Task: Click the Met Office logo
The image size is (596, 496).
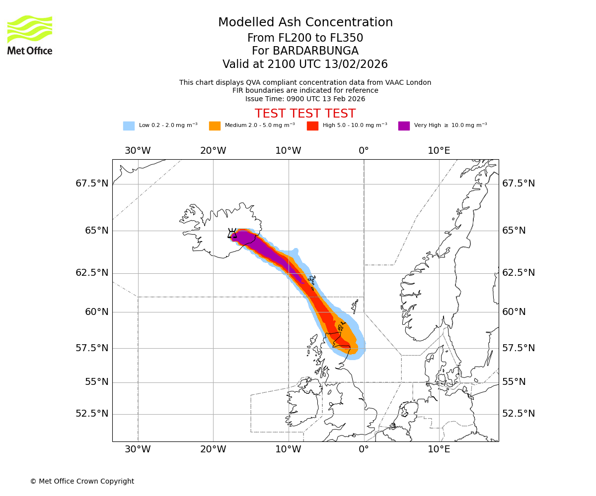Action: pyautogui.click(x=30, y=35)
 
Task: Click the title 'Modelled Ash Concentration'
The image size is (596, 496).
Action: pyautogui.click(x=305, y=22)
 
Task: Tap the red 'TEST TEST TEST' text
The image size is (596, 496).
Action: pyautogui.click(x=305, y=114)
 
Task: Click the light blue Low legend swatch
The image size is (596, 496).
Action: pyautogui.click(x=129, y=126)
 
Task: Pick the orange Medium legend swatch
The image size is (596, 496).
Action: pyautogui.click(x=215, y=126)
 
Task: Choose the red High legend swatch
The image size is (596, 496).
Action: pyautogui.click(x=312, y=126)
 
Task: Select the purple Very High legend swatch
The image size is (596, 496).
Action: pyautogui.click(x=404, y=126)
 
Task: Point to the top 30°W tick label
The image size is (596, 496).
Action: pyautogui.click(x=138, y=150)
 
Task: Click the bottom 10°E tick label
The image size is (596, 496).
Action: pyautogui.click(x=439, y=450)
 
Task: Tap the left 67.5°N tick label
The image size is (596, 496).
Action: pyautogui.click(x=92, y=184)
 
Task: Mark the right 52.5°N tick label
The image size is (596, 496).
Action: pyautogui.click(x=519, y=414)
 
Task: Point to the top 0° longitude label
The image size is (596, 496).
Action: pyautogui.click(x=364, y=150)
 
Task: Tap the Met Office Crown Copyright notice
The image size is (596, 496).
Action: pyautogui.click(x=82, y=481)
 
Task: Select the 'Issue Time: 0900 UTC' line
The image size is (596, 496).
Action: pyautogui.click(x=305, y=99)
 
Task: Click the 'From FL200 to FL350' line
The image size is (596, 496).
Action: pyautogui.click(x=305, y=38)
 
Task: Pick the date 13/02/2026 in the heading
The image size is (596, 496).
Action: pyautogui.click(x=356, y=64)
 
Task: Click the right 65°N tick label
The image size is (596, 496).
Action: pyautogui.click(x=514, y=231)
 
